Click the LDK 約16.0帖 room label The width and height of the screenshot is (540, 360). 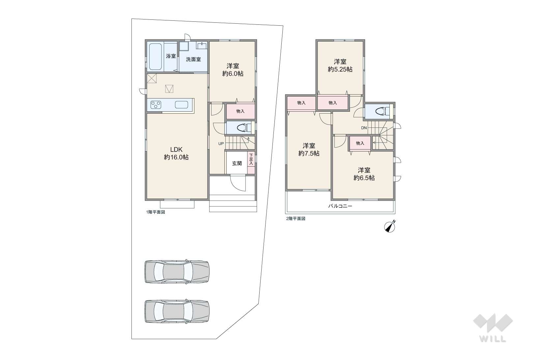[x=176, y=153]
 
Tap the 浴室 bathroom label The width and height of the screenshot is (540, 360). [x=171, y=56]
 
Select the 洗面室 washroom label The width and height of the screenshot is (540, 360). [x=193, y=59]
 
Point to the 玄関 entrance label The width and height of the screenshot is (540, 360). [x=237, y=163]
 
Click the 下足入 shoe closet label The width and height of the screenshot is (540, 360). [x=251, y=159]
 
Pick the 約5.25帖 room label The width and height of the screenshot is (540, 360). [x=340, y=66]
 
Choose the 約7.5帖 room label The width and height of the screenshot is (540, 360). [x=309, y=150]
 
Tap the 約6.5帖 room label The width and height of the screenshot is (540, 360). [x=364, y=174]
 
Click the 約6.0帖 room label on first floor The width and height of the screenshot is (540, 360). [x=233, y=70]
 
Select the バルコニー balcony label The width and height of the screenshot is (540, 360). [x=340, y=206]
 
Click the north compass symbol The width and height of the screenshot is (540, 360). [x=389, y=227]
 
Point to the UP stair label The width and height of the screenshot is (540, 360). [x=221, y=144]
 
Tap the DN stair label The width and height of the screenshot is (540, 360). [x=364, y=128]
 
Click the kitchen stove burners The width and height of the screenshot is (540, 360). [x=156, y=105]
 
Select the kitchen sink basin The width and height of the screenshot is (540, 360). [x=181, y=105]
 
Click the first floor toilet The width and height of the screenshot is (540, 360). [x=244, y=127]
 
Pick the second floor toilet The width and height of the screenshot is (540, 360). [x=383, y=111]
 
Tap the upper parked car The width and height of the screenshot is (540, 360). [x=177, y=271]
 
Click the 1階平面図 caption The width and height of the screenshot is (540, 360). [x=156, y=212]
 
